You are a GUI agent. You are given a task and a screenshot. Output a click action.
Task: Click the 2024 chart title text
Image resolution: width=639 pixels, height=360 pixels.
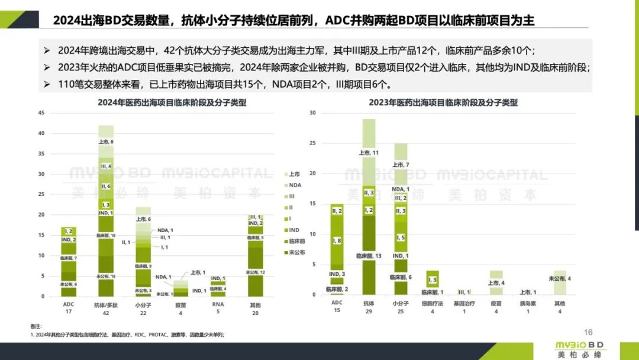point(172,102)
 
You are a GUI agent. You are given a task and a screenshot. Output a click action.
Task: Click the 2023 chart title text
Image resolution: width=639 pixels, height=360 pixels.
point(443,102)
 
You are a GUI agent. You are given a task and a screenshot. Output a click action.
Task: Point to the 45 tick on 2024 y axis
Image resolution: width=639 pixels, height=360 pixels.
point(41,112)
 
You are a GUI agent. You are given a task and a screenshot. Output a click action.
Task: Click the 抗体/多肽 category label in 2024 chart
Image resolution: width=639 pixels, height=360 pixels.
point(106,304)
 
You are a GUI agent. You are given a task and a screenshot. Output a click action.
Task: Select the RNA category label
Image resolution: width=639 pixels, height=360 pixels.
point(217,304)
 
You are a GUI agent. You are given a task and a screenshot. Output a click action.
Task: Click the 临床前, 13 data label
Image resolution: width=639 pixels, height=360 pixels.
point(369,255)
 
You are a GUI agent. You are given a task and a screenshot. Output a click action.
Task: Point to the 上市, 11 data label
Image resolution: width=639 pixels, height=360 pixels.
point(369,152)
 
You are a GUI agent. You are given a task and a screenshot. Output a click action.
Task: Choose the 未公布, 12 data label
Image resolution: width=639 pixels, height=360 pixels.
point(255,272)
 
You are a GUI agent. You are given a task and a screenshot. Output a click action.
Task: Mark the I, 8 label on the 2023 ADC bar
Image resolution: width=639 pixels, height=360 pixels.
point(337,240)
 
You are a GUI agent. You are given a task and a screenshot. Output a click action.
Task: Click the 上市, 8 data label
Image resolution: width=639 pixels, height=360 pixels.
point(106,142)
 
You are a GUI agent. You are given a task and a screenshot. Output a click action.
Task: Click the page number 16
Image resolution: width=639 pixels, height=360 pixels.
point(588,332)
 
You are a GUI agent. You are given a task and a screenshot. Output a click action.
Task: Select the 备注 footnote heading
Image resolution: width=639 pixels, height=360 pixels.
point(36,326)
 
